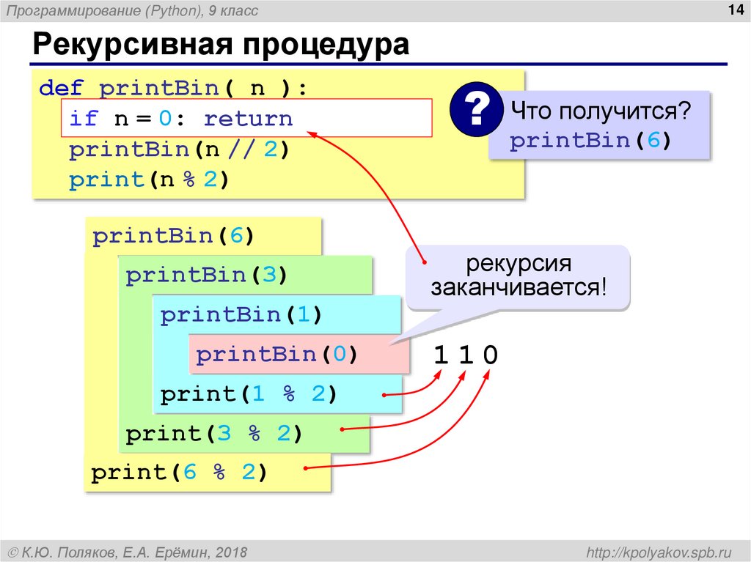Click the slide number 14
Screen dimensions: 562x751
(x=733, y=10)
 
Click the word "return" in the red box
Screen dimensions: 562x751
(x=248, y=119)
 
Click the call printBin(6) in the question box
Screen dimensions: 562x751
(x=590, y=141)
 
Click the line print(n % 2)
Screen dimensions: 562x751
(x=150, y=180)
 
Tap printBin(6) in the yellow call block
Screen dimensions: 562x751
(x=173, y=237)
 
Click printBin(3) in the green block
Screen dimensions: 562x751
(x=206, y=276)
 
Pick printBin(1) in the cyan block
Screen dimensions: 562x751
(x=241, y=315)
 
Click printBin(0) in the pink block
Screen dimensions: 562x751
(x=276, y=355)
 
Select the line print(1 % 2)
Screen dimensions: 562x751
(x=248, y=394)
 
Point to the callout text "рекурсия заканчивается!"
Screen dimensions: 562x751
(x=519, y=276)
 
